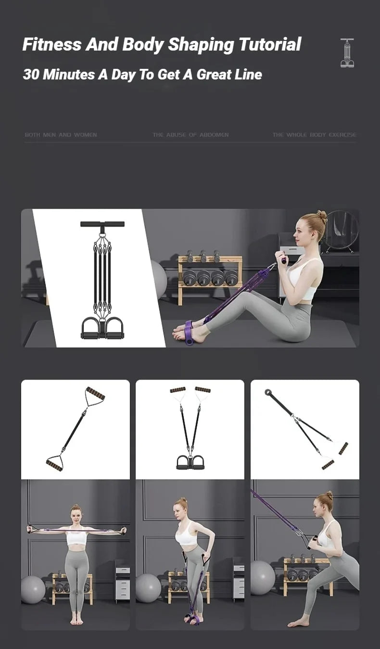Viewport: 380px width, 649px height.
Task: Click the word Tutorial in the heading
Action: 270,44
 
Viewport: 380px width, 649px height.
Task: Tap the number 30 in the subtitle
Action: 30,75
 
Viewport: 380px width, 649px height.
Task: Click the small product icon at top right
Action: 347,53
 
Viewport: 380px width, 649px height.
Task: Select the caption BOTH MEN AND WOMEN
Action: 61,135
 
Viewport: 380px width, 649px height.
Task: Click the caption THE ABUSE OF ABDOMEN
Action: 190,135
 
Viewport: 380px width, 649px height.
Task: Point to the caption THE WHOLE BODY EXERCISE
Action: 314,135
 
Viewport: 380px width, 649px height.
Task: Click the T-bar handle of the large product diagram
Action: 102,224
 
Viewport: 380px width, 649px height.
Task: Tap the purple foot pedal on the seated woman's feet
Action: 188,332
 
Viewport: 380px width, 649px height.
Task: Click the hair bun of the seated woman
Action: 322,217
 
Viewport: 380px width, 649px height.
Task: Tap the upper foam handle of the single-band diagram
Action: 95,393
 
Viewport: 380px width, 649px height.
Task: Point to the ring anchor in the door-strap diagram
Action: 268,392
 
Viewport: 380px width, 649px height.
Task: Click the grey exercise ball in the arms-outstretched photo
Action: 33,589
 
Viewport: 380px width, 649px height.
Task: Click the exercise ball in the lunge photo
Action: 262,577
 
